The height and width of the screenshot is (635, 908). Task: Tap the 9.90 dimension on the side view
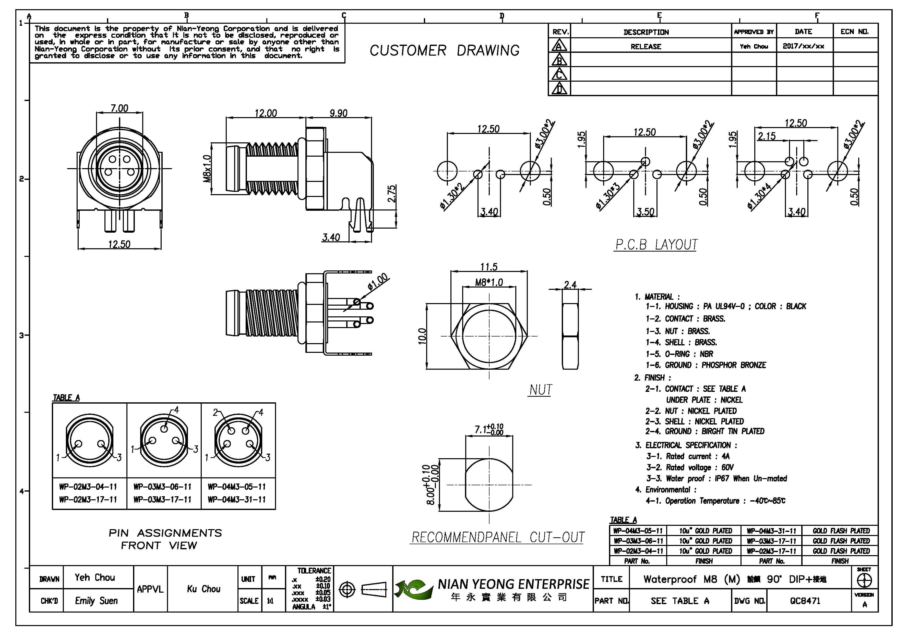coord(339,114)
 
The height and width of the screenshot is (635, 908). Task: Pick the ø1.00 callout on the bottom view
coord(378,282)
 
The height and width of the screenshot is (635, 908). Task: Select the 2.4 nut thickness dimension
coord(570,284)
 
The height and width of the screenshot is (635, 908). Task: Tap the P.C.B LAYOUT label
coord(656,245)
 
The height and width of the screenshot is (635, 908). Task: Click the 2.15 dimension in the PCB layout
coord(767,136)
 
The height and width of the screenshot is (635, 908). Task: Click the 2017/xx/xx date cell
coord(803,46)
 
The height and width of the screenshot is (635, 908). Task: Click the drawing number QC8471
coord(805,601)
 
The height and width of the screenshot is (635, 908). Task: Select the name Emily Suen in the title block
coord(97,601)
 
